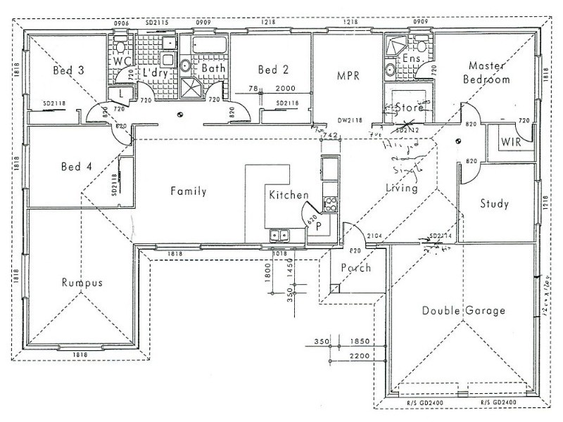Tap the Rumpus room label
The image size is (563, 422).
[82, 283]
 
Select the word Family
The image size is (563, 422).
[188, 191]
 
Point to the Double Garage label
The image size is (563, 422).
[463, 311]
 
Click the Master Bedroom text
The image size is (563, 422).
[486, 72]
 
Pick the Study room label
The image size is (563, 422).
[494, 204]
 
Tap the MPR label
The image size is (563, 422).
[348, 75]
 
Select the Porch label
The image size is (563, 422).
[355, 268]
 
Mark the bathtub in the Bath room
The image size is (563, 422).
[209, 48]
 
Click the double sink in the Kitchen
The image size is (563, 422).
[279, 236]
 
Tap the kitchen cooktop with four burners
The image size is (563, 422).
[330, 205]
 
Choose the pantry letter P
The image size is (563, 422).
[318, 226]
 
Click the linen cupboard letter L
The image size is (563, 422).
[122, 92]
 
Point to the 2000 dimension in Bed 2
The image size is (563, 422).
[285, 90]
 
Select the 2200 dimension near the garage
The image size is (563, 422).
[359, 358]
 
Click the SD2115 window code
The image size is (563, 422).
[157, 23]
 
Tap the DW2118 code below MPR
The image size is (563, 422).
[349, 120]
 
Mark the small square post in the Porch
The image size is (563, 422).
[337, 288]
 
